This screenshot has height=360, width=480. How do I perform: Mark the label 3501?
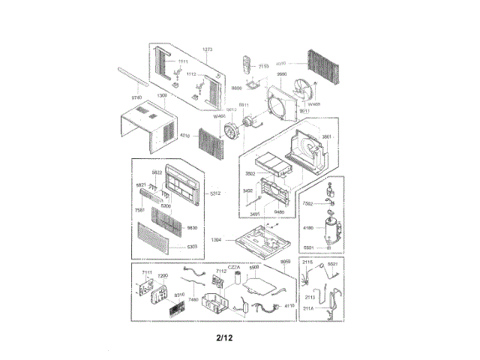tap(326, 136)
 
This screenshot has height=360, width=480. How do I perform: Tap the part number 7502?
tap(307, 203)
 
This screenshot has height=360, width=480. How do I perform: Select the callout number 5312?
tap(214, 193)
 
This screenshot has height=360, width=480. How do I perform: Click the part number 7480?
tap(193, 299)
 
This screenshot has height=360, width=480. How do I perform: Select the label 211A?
tap(308, 307)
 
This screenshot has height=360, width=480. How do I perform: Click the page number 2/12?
tap(223, 338)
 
